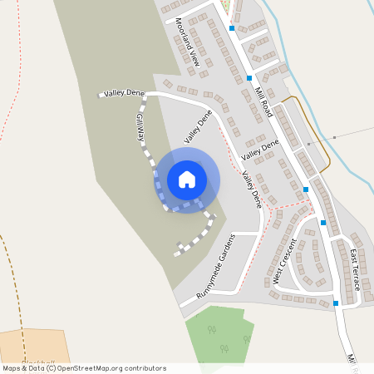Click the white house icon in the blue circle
tap(187, 179)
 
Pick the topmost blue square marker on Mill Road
tap(232, 27)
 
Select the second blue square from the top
tap(249, 78)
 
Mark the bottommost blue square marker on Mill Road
tap(336, 303)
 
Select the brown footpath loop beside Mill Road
tap(320, 133)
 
